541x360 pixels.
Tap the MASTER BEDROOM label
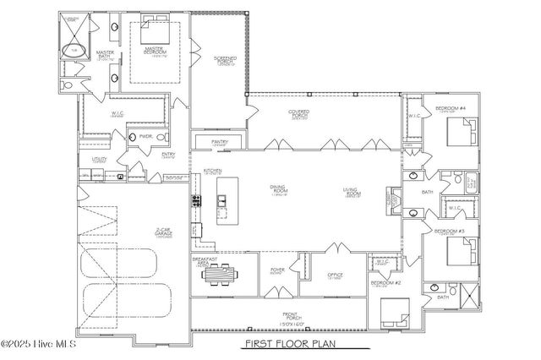click(154, 52)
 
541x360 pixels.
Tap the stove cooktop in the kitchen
click(197, 201)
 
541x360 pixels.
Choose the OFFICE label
click(334, 276)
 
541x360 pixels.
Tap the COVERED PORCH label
click(297, 112)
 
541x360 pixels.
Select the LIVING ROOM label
click(352, 193)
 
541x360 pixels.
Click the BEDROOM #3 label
click(450, 230)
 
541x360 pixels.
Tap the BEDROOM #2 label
click(385, 284)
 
